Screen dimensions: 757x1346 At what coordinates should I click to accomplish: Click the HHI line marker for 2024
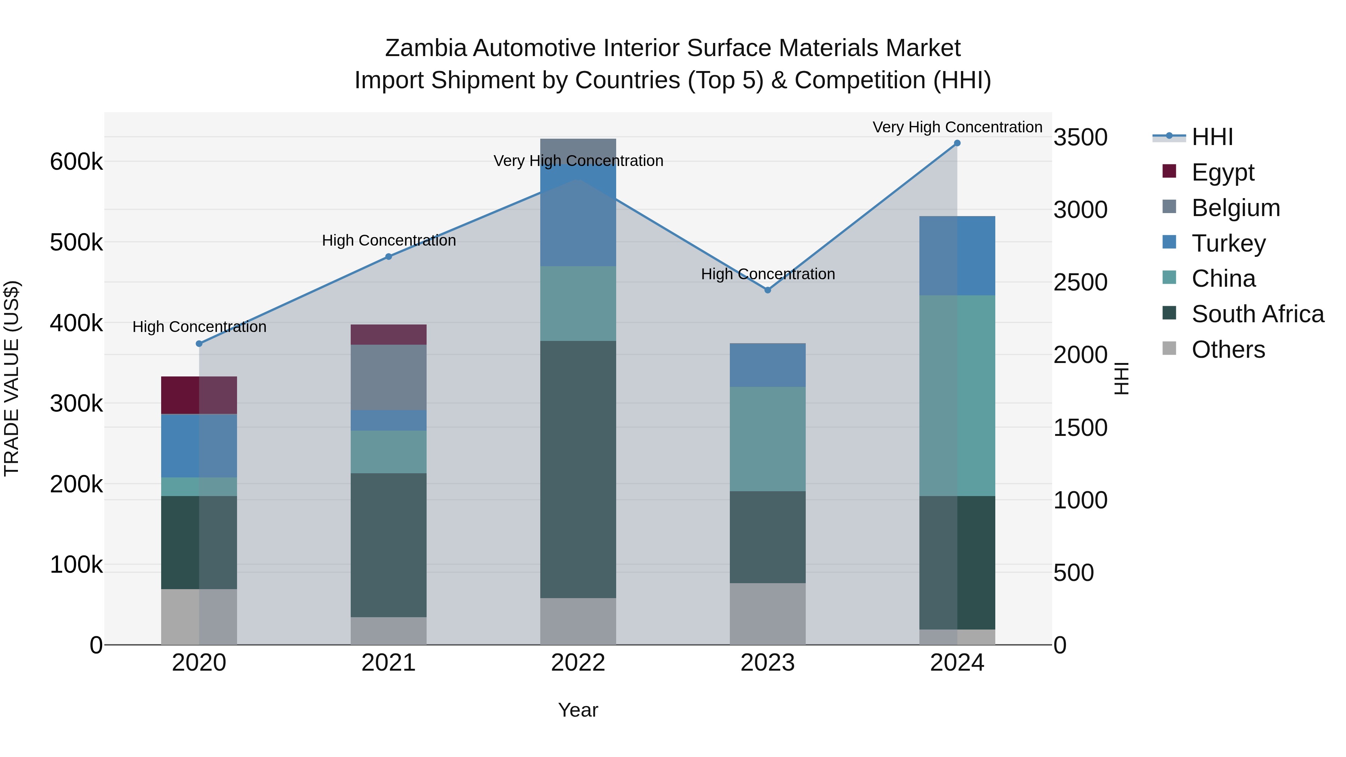tap(957, 143)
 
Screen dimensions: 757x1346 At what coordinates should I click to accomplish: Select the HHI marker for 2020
tap(199, 344)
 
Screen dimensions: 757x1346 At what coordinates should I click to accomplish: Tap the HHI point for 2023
tap(768, 290)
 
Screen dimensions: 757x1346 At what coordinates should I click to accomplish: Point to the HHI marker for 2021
tap(389, 256)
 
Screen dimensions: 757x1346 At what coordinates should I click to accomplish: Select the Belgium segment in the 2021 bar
tap(389, 377)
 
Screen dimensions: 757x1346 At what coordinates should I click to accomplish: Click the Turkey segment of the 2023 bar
tap(768, 365)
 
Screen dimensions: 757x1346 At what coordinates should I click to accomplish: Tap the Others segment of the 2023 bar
tap(768, 614)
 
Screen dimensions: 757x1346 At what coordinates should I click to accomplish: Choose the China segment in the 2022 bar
tap(578, 304)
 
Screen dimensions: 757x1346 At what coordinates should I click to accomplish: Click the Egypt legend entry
tap(1222, 172)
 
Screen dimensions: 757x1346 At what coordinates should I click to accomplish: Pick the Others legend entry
tap(1228, 350)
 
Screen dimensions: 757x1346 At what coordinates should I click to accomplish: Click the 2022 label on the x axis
tap(578, 663)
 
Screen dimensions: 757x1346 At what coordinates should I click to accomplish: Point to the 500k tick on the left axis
tap(76, 242)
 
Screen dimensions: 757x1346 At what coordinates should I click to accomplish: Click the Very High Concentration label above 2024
tap(957, 127)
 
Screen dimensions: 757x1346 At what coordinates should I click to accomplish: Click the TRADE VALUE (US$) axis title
tap(12, 378)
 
